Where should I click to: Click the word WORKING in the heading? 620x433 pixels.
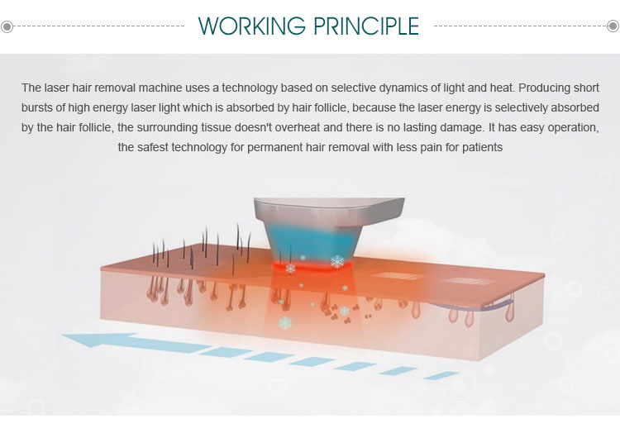click(x=251, y=26)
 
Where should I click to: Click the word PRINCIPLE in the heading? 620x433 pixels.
click(x=366, y=26)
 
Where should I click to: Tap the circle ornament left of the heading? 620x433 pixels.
click(x=7, y=27)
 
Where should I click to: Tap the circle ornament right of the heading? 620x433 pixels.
click(x=613, y=26)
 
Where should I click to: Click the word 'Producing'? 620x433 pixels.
click(x=544, y=88)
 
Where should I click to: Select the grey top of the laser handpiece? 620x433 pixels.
click(x=329, y=212)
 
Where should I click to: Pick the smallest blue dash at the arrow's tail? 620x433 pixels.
click(x=441, y=375)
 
